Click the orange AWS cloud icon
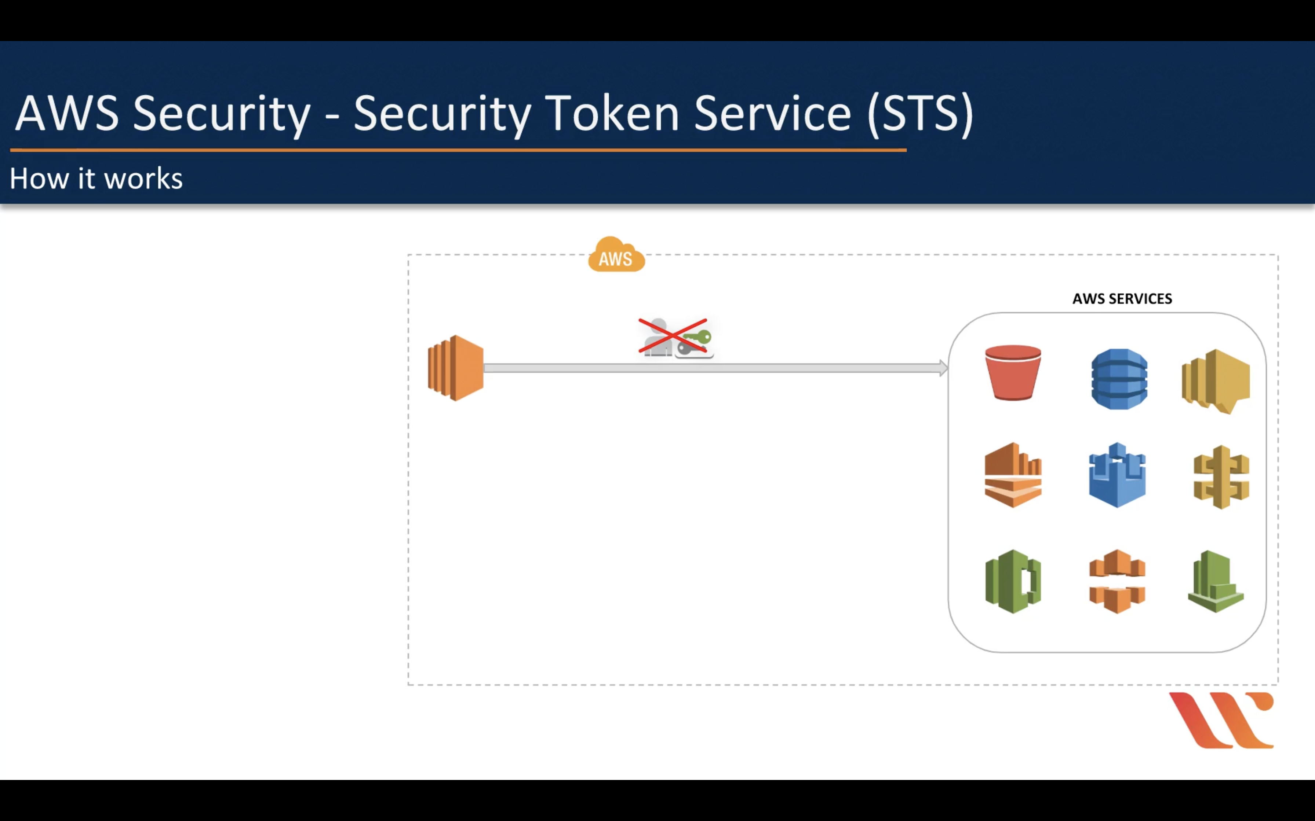tap(616, 255)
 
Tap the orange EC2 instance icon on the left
tap(455, 368)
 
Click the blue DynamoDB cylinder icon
tap(1119, 379)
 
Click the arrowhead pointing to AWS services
tap(943, 368)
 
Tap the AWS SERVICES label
tap(1122, 299)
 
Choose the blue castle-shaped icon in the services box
tap(1117, 476)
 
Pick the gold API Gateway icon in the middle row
tap(1221, 477)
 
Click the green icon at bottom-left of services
tap(1013, 582)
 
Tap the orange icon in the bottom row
tap(1117, 582)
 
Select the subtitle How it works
tap(96, 178)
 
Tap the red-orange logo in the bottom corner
tap(1221, 720)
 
